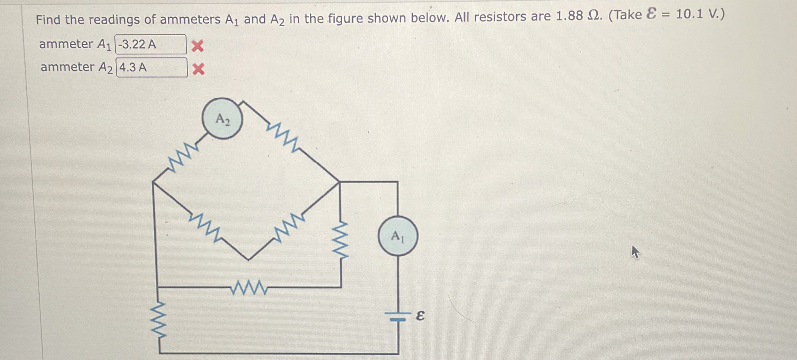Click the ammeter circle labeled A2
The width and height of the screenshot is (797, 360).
point(222,119)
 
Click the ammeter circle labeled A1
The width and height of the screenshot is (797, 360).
point(398,236)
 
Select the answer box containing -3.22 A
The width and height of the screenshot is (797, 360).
point(151,44)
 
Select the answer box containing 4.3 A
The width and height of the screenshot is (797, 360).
point(152,67)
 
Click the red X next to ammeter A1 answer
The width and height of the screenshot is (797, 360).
point(197,46)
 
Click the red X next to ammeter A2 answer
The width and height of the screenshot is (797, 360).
point(198,69)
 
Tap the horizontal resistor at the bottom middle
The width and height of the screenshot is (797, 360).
point(249,287)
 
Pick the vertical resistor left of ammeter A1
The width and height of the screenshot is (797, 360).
point(340,240)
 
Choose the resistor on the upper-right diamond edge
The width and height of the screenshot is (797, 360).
point(283,137)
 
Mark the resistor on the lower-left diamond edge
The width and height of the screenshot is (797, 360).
point(205,227)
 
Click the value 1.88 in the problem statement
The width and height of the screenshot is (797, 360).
point(569,16)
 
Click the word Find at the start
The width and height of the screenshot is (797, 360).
point(49,20)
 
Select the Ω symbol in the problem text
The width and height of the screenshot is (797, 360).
point(595,16)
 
